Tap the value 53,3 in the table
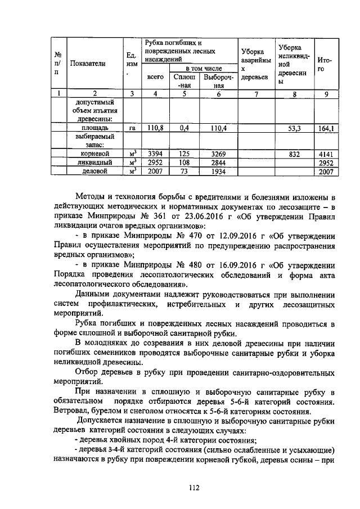294,129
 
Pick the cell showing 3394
155,154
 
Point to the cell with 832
294,154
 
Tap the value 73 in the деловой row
184,172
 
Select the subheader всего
155,77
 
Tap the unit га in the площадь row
133,129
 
